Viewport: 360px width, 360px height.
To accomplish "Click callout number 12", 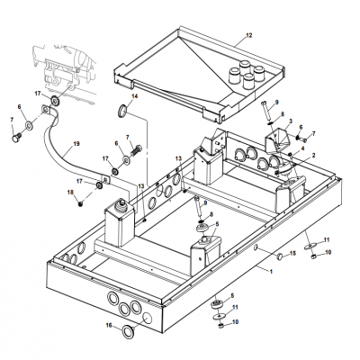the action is (249, 35).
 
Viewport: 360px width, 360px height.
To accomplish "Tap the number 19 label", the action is (76, 144).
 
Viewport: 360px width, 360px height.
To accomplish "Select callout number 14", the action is (135, 96).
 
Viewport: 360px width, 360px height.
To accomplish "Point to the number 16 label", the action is (109, 325).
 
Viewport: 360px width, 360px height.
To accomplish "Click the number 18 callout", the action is (70, 192).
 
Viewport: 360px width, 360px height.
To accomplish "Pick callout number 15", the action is (292, 254).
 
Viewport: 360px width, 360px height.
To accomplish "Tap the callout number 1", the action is (271, 272).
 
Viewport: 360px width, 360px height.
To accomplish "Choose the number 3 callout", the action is (291, 121).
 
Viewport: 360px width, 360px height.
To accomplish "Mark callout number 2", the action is (314, 155).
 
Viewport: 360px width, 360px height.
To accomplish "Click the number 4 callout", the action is (303, 148).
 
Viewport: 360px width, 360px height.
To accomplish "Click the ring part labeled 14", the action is (122, 111).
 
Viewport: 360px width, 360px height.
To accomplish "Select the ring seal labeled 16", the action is (128, 331).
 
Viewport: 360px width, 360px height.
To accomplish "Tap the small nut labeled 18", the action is (80, 204).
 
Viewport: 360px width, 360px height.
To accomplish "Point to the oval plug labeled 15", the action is (280, 256).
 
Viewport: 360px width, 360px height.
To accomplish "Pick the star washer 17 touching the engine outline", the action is (55, 99).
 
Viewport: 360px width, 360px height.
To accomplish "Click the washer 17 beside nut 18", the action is (98, 185).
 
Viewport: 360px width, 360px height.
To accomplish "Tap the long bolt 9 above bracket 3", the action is (266, 111).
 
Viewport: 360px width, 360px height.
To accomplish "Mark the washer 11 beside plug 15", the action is (310, 247).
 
